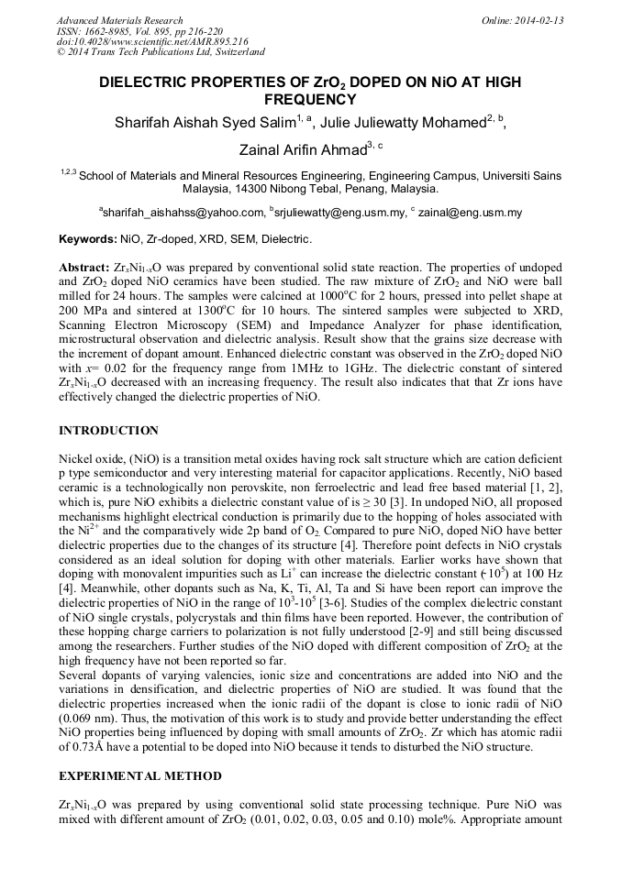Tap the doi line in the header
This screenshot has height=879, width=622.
tap(151, 42)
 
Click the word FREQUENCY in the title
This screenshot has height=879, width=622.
tap(310, 100)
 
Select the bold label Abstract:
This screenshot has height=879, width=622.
tap(85, 266)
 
